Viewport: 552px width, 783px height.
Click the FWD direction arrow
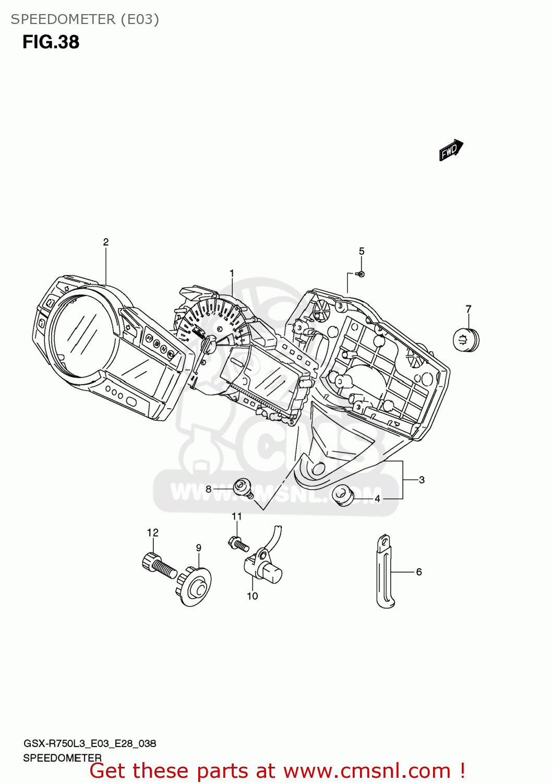(451, 150)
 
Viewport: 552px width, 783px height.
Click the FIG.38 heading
(51, 42)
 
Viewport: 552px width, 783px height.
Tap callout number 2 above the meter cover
(106, 242)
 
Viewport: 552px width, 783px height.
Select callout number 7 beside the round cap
(469, 309)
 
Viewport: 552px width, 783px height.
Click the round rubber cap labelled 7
(465, 340)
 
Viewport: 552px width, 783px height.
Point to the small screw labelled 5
(361, 274)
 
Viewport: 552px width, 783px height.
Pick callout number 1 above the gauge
(232, 273)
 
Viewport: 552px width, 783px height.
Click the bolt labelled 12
(158, 565)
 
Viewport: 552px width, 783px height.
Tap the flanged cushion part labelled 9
(195, 587)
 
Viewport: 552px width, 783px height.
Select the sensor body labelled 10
(263, 568)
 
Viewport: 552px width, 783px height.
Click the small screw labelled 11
(238, 543)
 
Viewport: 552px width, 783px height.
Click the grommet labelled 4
(342, 494)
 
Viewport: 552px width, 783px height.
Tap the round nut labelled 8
(241, 488)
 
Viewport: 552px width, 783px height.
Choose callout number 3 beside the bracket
(422, 480)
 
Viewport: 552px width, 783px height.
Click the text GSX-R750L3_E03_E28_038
(90, 743)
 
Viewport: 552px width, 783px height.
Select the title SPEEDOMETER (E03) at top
(85, 19)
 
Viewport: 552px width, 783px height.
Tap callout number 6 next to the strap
(419, 572)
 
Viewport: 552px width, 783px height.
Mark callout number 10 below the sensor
(253, 596)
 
